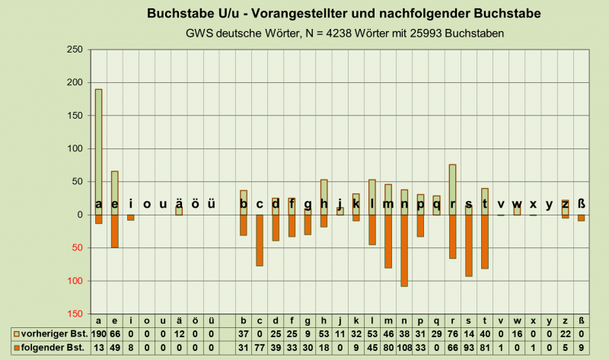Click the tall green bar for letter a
99,145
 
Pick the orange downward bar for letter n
404,251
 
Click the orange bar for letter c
260,241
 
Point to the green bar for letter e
115,186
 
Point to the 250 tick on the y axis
75,49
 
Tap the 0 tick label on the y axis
79,215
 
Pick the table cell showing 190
99,334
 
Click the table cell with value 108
404,347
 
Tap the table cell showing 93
469,347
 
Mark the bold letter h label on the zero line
324,204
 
